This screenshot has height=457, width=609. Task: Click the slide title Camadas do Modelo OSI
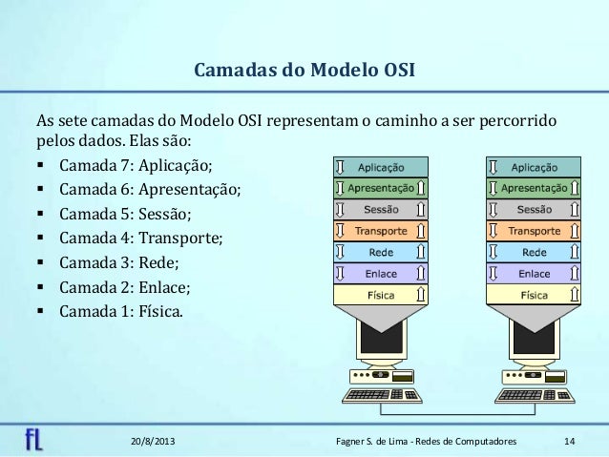pyautogui.click(x=304, y=72)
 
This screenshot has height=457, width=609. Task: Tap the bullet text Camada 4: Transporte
pyautogui.click(x=140, y=239)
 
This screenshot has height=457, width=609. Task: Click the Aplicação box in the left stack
pyautogui.click(x=381, y=166)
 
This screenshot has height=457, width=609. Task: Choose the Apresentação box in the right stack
pyautogui.click(x=535, y=188)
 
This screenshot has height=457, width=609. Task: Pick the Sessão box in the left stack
pyautogui.click(x=381, y=209)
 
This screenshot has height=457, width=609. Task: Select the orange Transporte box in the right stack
pyautogui.click(x=535, y=231)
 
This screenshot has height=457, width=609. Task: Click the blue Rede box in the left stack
pyautogui.click(x=381, y=253)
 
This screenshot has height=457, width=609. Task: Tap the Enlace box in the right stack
pyautogui.click(x=535, y=274)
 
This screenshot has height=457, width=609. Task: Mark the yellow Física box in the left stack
pyautogui.click(x=381, y=296)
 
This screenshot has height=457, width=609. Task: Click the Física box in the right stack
pyautogui.click(x=535, y=296)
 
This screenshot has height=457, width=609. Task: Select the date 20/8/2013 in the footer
pyautogui.click(x=152, y=442)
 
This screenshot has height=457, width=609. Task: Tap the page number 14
pyautogui.click(x=570, y=442)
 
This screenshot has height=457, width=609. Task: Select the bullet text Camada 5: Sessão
pyautogui.click(x=126, y=215)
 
